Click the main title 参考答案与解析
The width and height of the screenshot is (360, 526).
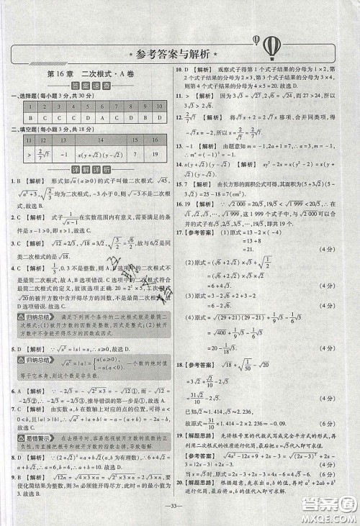coord(179,55)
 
